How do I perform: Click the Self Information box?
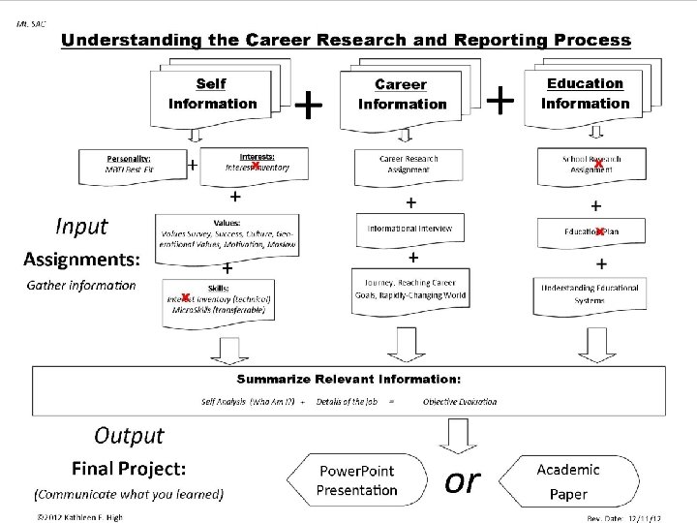point(213,94)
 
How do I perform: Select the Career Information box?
point(402,94)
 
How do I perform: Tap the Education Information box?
point(584,94)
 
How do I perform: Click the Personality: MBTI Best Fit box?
point(141,162)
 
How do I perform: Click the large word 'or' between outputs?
point(462,479)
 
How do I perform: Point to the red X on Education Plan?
point(600,231)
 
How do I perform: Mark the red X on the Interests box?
point(255,166)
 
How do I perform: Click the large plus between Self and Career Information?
point(308,103)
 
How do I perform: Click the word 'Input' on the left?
point(81,226)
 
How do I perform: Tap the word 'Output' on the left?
point(129,436)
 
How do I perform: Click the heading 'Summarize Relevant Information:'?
point(349,377)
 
